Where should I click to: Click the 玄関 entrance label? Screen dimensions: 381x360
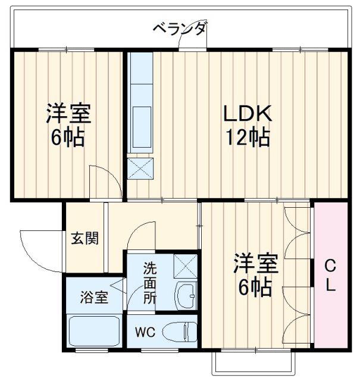tap(84, 239)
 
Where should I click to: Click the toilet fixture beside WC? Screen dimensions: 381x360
tap(181, 331)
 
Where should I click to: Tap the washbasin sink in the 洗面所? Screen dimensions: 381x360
tap(186, 294)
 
